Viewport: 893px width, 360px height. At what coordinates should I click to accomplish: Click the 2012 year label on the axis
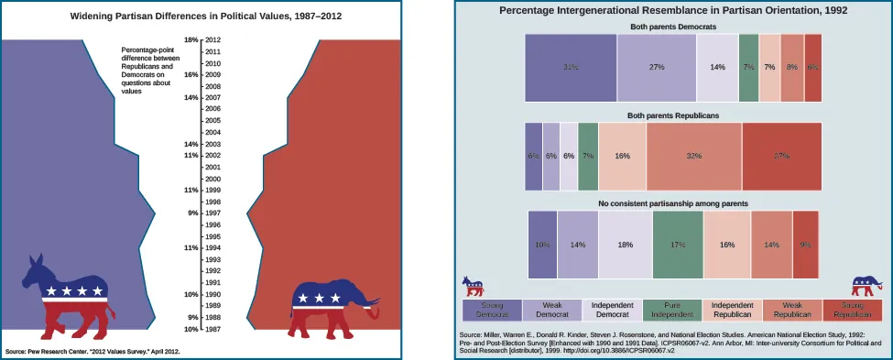click(212, 40)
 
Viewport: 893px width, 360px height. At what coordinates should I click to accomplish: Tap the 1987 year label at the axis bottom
click(212, 329)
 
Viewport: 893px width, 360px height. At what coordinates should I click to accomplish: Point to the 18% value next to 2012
click(191, 40)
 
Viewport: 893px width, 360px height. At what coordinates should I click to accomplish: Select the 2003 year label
click(212, 144)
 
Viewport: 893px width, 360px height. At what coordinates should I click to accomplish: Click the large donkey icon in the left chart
click(67, 293)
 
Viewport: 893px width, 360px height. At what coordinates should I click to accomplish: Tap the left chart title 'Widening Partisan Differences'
click(202, 16)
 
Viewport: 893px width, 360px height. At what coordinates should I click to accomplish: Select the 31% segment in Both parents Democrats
click(570, 68)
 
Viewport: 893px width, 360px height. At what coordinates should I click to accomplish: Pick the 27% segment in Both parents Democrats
click(656, 68)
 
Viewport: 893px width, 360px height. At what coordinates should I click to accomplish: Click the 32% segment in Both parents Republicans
click(693, 157)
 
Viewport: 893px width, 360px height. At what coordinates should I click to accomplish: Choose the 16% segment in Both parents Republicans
click(622, 157)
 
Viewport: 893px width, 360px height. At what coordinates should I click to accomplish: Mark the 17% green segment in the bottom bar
click(678, 245)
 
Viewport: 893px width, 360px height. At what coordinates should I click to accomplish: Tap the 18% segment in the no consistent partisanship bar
click(626, 245)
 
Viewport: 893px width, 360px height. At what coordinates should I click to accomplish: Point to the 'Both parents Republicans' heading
click(672, 115)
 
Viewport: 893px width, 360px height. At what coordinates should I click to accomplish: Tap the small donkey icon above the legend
click(474, 285)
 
